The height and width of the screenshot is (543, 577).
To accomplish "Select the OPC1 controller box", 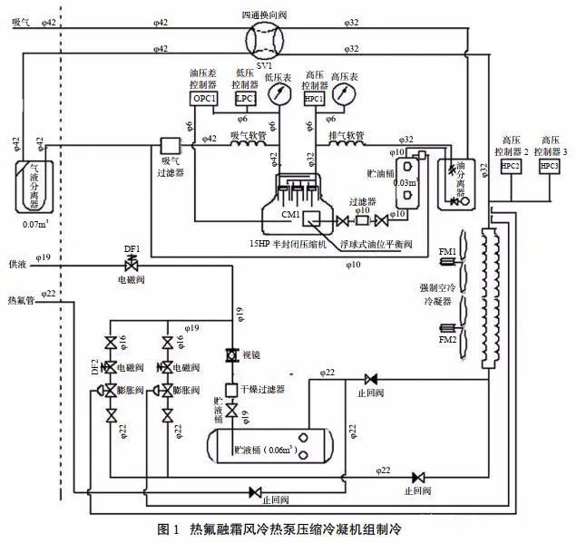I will click(x=203, y=98).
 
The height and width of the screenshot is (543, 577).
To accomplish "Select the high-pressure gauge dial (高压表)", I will click(x=344, y=95).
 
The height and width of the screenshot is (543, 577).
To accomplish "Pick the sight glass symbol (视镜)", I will click(x=230, y=354).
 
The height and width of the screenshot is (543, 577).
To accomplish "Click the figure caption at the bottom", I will click(x=290, y=528).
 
